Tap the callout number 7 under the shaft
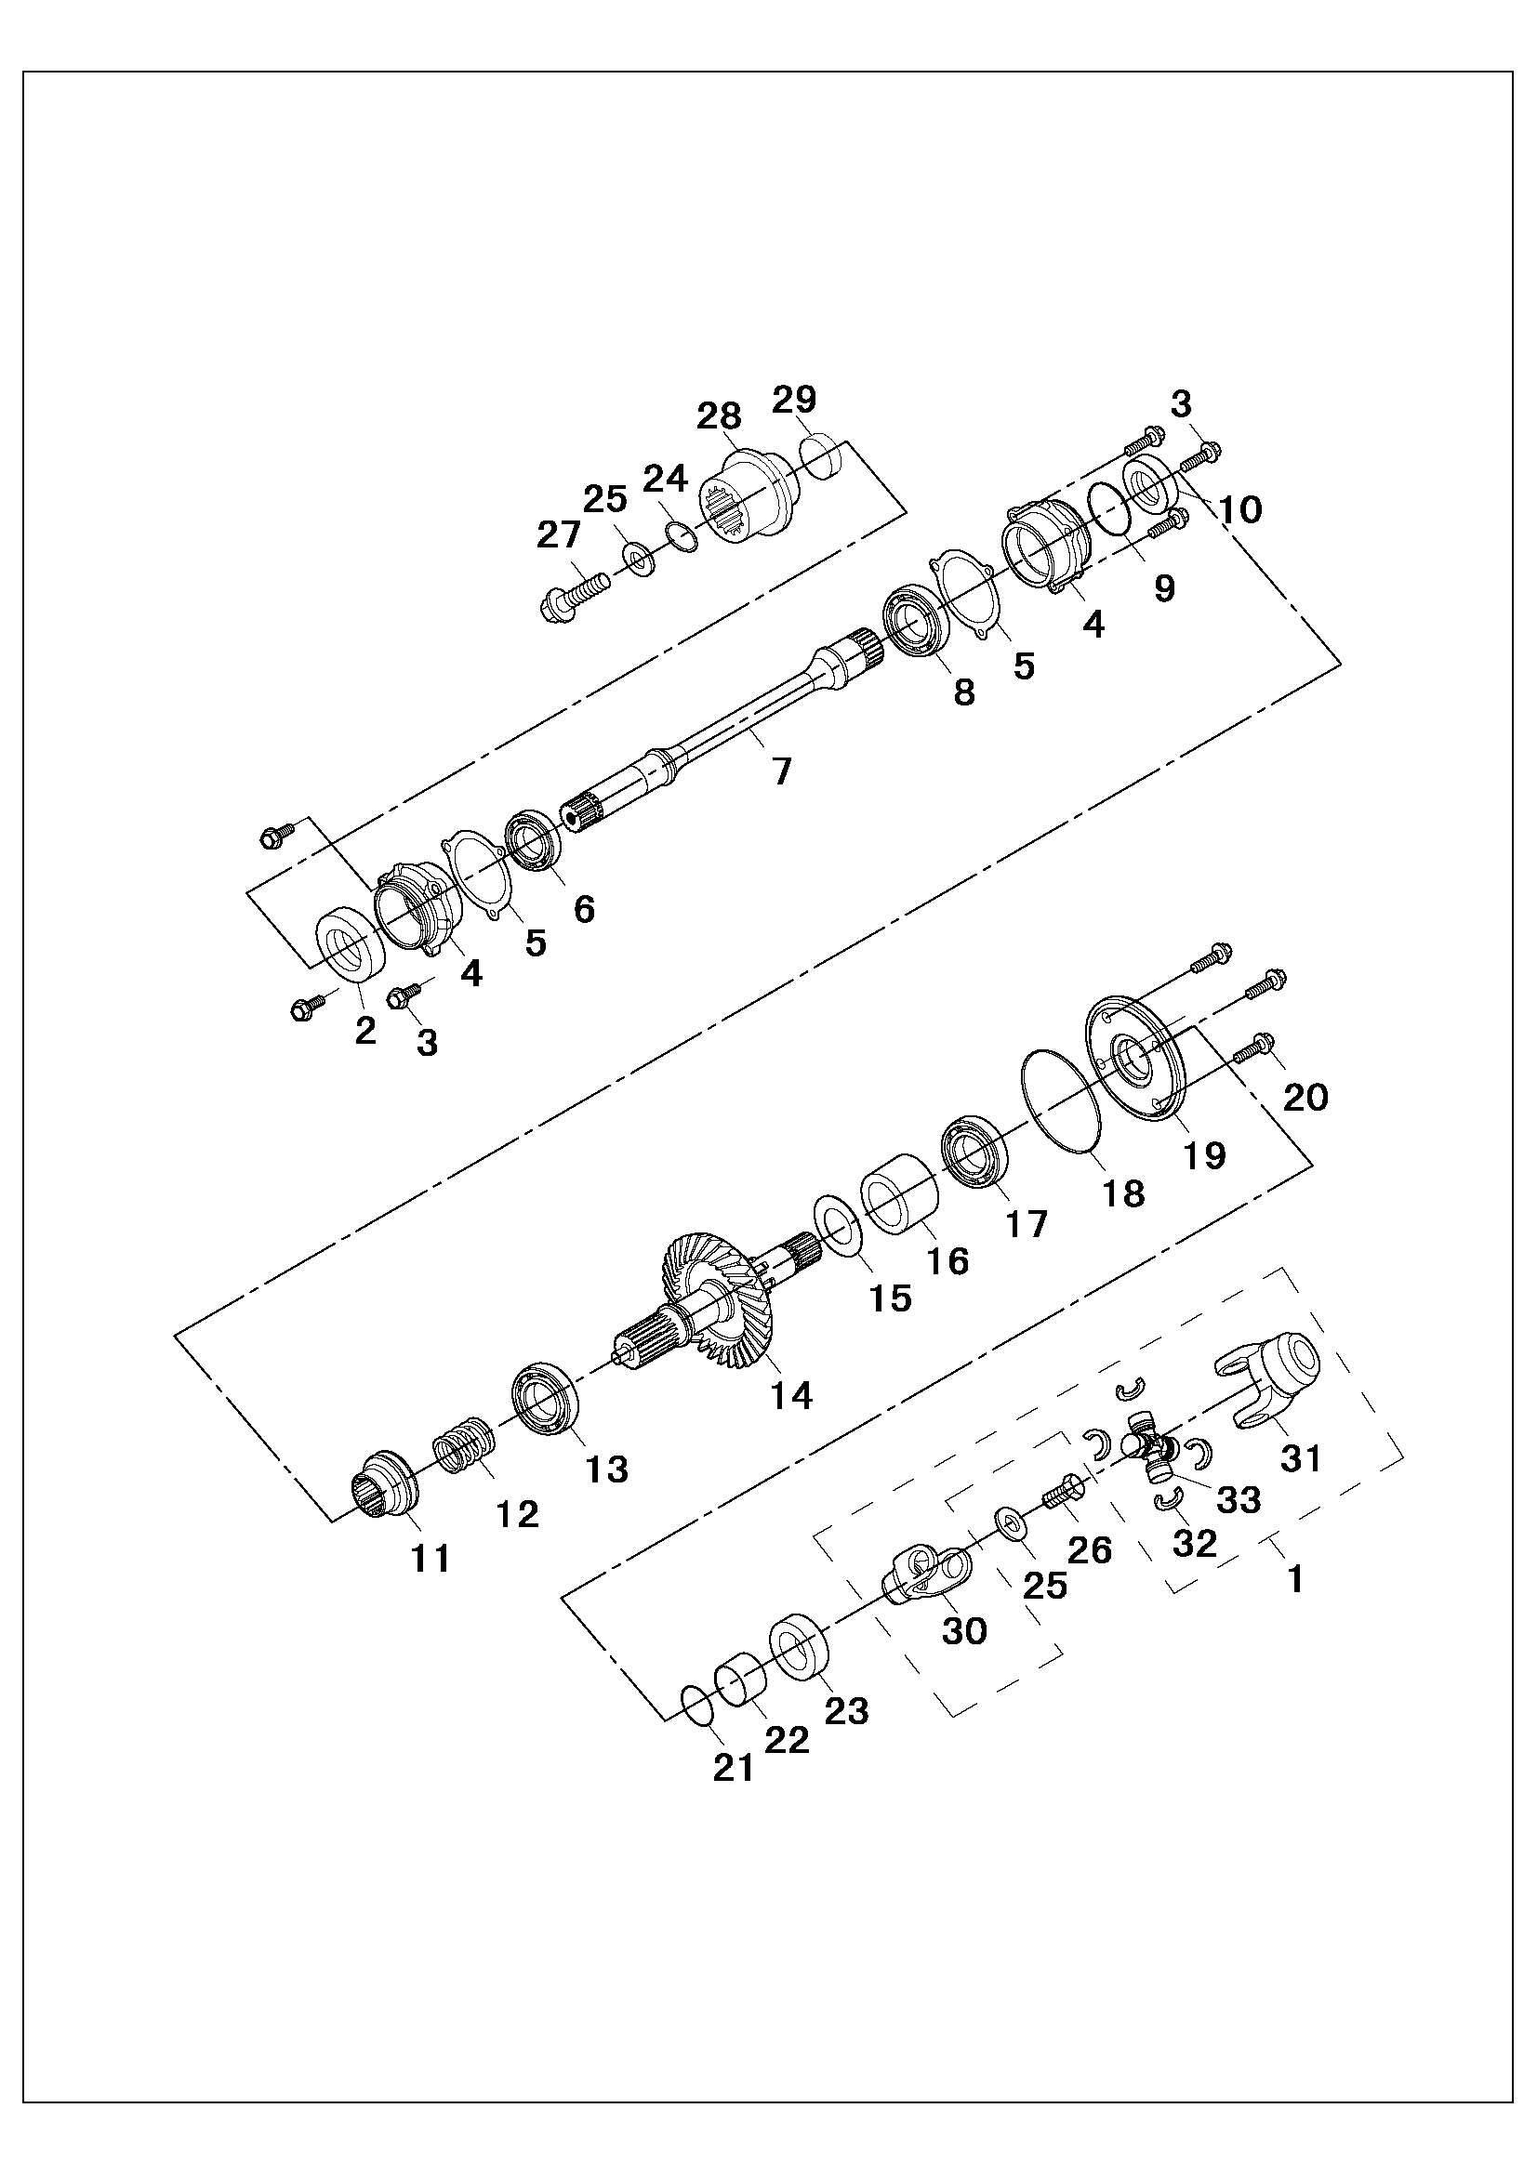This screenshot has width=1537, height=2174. pyautogui.click(x=780, y=771)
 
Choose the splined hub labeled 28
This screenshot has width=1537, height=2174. pyautogui.click(x=749, y=496)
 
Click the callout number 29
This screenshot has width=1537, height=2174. pyautogui.click(x=793, y=400)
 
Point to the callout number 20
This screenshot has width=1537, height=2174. pyautogui.click(x=1305, y=1099)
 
